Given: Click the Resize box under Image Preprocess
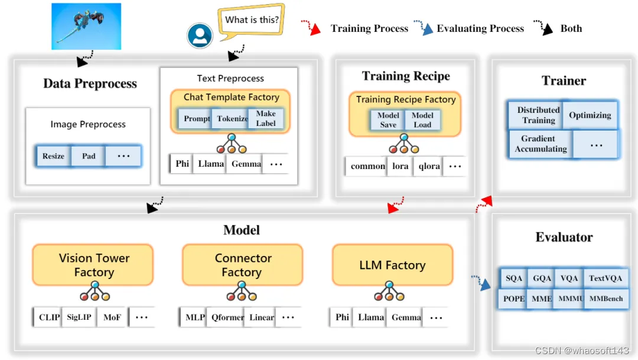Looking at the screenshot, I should [x=53, y=156].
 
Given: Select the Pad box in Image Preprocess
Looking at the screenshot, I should [x=89, y=156].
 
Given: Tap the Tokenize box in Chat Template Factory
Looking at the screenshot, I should [x=232, y=119].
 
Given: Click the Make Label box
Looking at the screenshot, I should [x=266, y=119].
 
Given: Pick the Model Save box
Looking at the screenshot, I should [x=388, y=120].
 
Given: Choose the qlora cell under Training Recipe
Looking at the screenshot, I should [x=429, y=166].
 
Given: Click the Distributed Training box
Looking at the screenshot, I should [x=538, y=115].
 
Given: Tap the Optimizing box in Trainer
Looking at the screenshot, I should [x=590, y=115].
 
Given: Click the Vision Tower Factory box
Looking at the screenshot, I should [x=93, y=265].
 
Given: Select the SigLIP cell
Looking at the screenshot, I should [x=79, y=317].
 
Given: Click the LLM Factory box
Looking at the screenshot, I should [x=392, y=265].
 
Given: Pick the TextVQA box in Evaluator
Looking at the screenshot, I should [x=605, y=278].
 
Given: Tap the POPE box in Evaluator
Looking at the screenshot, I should [x=514, y=299].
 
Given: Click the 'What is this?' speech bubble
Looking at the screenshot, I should [x=252, y=21].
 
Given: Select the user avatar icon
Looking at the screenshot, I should [x=200, y=36].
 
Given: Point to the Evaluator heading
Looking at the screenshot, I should [x=564, y=237].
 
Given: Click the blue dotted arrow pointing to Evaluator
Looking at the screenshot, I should [x=481, y=282].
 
